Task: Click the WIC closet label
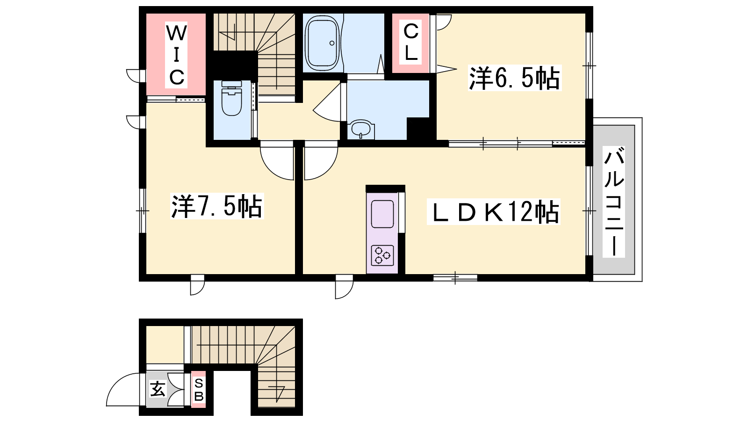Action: tap(176, 55)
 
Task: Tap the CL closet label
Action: tap(411, 43)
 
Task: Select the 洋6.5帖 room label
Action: tap(515, 78)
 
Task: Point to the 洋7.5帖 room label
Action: tap(217, 206)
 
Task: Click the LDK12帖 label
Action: tap(494, 212)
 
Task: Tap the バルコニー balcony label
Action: tap(614, 202)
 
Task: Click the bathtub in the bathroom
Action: tap(322, 43)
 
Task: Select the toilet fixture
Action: tap(231, 98)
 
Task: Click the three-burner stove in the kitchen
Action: tap(382, 255)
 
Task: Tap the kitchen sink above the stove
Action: tap(382, 214)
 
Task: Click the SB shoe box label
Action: tap(199, 390)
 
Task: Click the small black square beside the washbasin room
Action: tap(421, 128)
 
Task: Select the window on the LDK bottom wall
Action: tap(455, 278)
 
